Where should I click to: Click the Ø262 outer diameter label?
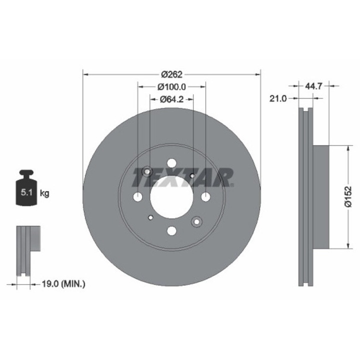171,74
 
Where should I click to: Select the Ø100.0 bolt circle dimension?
171,86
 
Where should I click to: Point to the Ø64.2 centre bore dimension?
171,99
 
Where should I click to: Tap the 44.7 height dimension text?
313,86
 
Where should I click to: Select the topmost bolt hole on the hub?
171,163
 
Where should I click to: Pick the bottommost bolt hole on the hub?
171,230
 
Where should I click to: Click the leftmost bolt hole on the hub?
137,197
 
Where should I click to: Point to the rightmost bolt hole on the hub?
205,197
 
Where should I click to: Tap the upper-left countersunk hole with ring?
147,172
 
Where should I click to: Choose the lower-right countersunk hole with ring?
196,221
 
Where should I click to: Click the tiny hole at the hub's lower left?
151,217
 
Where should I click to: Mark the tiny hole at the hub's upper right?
192,176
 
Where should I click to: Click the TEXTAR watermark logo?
182,177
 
